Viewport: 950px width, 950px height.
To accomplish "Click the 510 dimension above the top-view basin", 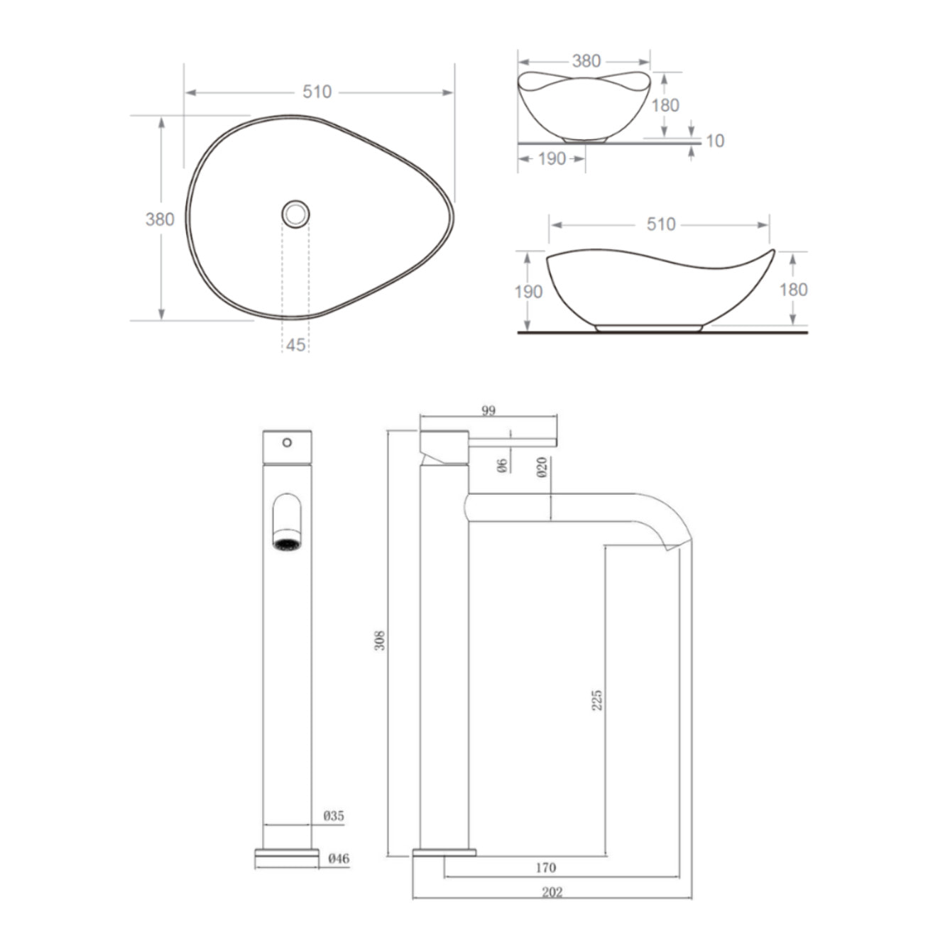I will point(317,92).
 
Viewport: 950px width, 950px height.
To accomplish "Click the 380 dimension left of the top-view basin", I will point(160,219).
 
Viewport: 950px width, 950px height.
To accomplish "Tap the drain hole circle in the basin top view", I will point(295,212).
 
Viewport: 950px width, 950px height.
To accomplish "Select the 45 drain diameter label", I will point(295,344).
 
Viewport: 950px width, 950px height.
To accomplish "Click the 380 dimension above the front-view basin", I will point(586,61).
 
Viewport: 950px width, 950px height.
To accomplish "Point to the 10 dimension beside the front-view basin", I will point(715,141).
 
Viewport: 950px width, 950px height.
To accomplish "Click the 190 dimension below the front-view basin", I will point(552,158).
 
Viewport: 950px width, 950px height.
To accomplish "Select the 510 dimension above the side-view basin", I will point(660,224).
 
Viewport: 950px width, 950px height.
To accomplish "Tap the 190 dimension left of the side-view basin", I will point(528,291).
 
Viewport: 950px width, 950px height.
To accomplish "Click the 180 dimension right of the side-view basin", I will point(793,289).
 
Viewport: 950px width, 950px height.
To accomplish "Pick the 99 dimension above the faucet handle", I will point(488,410).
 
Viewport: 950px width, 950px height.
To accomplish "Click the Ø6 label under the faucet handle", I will point(501,465).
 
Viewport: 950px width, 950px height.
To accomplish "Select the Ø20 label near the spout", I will point(542,466).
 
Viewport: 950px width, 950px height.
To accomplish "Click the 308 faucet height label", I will point(380,640).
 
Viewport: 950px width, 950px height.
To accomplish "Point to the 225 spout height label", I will point(597,699).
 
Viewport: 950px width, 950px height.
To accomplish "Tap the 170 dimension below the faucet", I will point(545,867).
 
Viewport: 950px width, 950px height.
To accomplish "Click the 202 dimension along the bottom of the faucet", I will point(552,892).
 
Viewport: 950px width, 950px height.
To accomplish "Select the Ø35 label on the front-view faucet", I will point(334,816).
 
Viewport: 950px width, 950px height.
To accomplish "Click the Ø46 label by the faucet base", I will point(339,858).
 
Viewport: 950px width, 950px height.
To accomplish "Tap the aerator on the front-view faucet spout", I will point(287,544).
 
